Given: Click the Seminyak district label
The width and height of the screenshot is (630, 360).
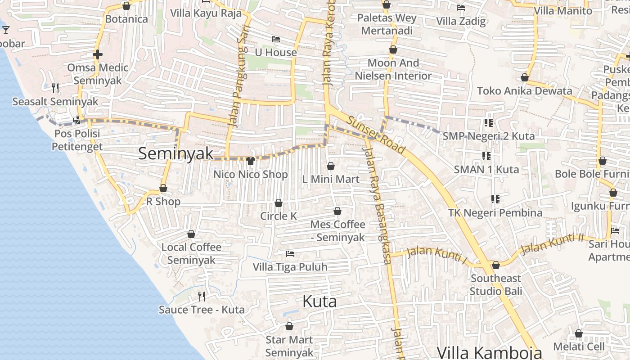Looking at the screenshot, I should point(176,153).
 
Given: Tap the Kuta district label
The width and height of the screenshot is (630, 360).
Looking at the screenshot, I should point(319,301).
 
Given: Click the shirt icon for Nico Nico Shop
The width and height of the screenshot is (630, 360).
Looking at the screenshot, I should point(251,161).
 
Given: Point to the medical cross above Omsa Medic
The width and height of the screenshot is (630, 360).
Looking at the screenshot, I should point(97,54).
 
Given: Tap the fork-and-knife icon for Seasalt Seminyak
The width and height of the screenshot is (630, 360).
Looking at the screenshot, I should point(55,88).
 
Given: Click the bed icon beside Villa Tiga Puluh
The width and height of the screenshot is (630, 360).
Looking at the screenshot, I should point(290,254).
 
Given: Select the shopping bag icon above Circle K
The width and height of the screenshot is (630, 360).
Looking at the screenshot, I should point(279,203).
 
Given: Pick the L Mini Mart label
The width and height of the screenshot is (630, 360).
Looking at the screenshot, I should point(331,179).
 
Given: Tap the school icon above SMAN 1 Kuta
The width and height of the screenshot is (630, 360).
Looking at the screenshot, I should point(486,156).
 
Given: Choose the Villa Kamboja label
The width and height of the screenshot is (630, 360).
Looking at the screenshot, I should point(489,352).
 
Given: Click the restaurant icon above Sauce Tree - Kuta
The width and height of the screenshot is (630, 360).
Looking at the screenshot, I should point(202,296).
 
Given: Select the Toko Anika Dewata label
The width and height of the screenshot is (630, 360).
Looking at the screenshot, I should point(524,90).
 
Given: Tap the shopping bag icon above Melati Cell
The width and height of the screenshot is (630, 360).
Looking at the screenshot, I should point(579,333).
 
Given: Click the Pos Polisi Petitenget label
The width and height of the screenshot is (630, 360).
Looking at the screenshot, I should point(77,140).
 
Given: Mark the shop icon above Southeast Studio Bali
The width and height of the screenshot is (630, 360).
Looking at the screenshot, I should point(496,265).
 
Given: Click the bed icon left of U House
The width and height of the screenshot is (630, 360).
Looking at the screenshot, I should point(276,39).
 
